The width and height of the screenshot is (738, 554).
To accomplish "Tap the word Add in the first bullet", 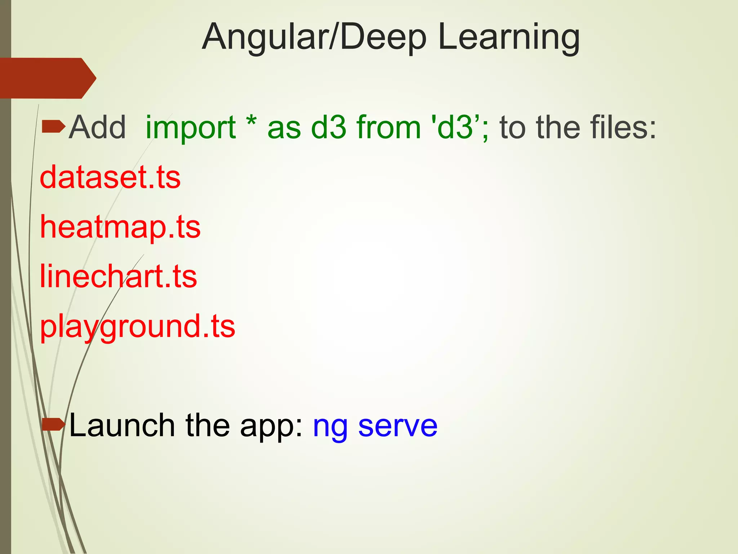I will tap(97, 128).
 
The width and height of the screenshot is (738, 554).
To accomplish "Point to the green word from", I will tap(388, 128).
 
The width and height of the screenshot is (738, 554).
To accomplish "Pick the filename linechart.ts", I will tap(118, 277).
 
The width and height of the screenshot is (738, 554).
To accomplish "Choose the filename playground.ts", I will tap(137, 327).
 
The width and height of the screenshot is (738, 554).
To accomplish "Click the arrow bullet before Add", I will tap(53, 127).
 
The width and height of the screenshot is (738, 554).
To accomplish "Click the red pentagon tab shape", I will tap(47, 78).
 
